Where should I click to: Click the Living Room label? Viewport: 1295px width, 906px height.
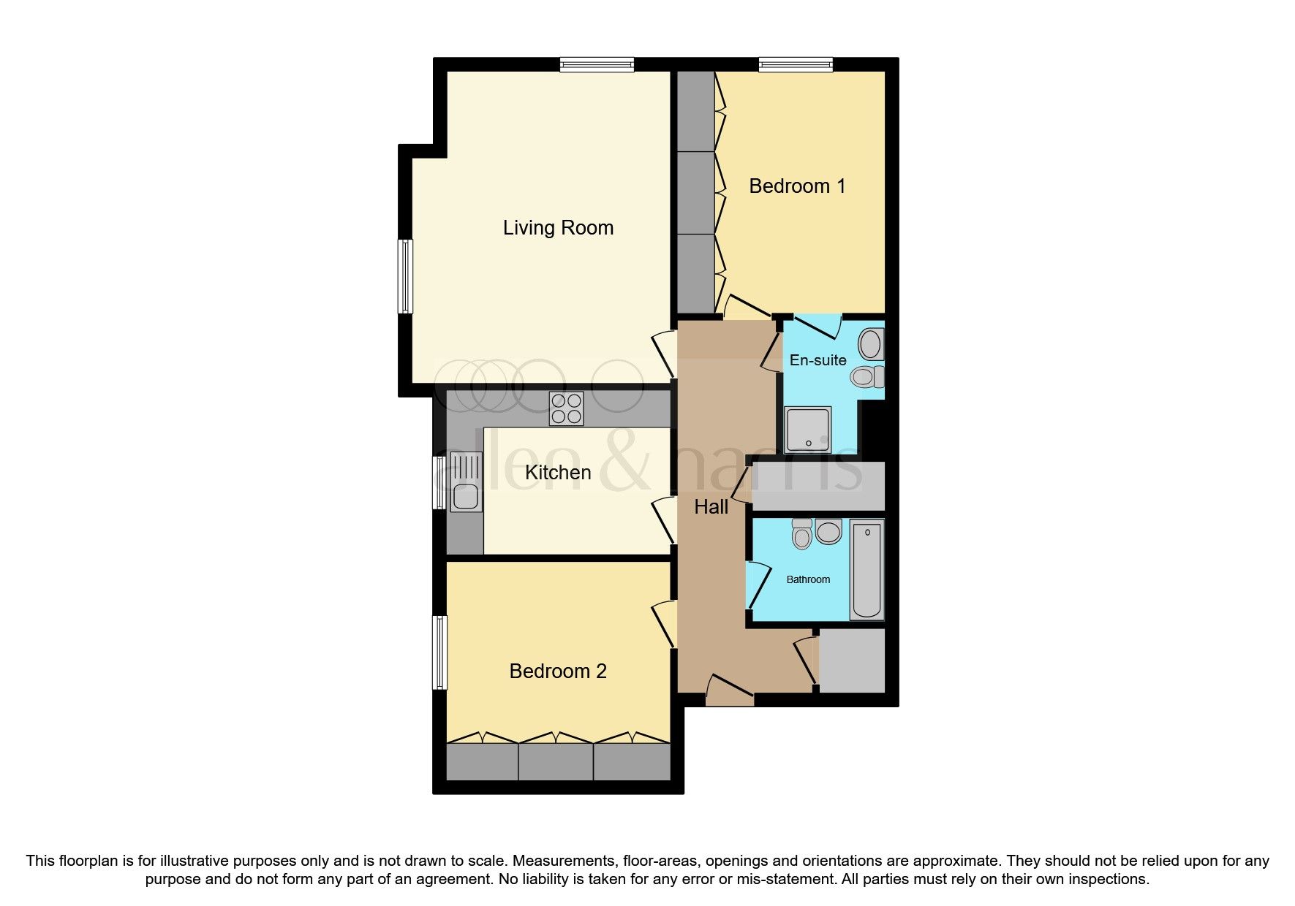point(558,228)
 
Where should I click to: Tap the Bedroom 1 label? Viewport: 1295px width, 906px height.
point(797,186)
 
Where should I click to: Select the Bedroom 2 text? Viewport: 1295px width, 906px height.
point(558,671)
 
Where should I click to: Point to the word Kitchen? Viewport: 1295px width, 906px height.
point(558,472)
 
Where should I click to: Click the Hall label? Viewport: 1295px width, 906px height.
point(711,506)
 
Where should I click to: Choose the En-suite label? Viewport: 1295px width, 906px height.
point(818,360)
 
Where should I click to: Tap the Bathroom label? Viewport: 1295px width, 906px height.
point(808,579)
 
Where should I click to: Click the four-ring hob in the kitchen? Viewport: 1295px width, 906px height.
point(567,408)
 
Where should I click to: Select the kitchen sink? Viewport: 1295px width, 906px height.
point(466,482)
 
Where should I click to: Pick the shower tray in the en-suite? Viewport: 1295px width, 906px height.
point(807,430)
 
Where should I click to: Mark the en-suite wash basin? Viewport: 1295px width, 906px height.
point(870,343)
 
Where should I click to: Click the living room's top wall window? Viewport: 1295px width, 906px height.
point(597,65)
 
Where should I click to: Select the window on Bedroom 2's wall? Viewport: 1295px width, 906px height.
point(439,652)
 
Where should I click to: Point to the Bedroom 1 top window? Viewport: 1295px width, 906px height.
point(796,65)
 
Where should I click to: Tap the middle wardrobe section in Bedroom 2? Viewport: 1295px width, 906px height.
point(556,761)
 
